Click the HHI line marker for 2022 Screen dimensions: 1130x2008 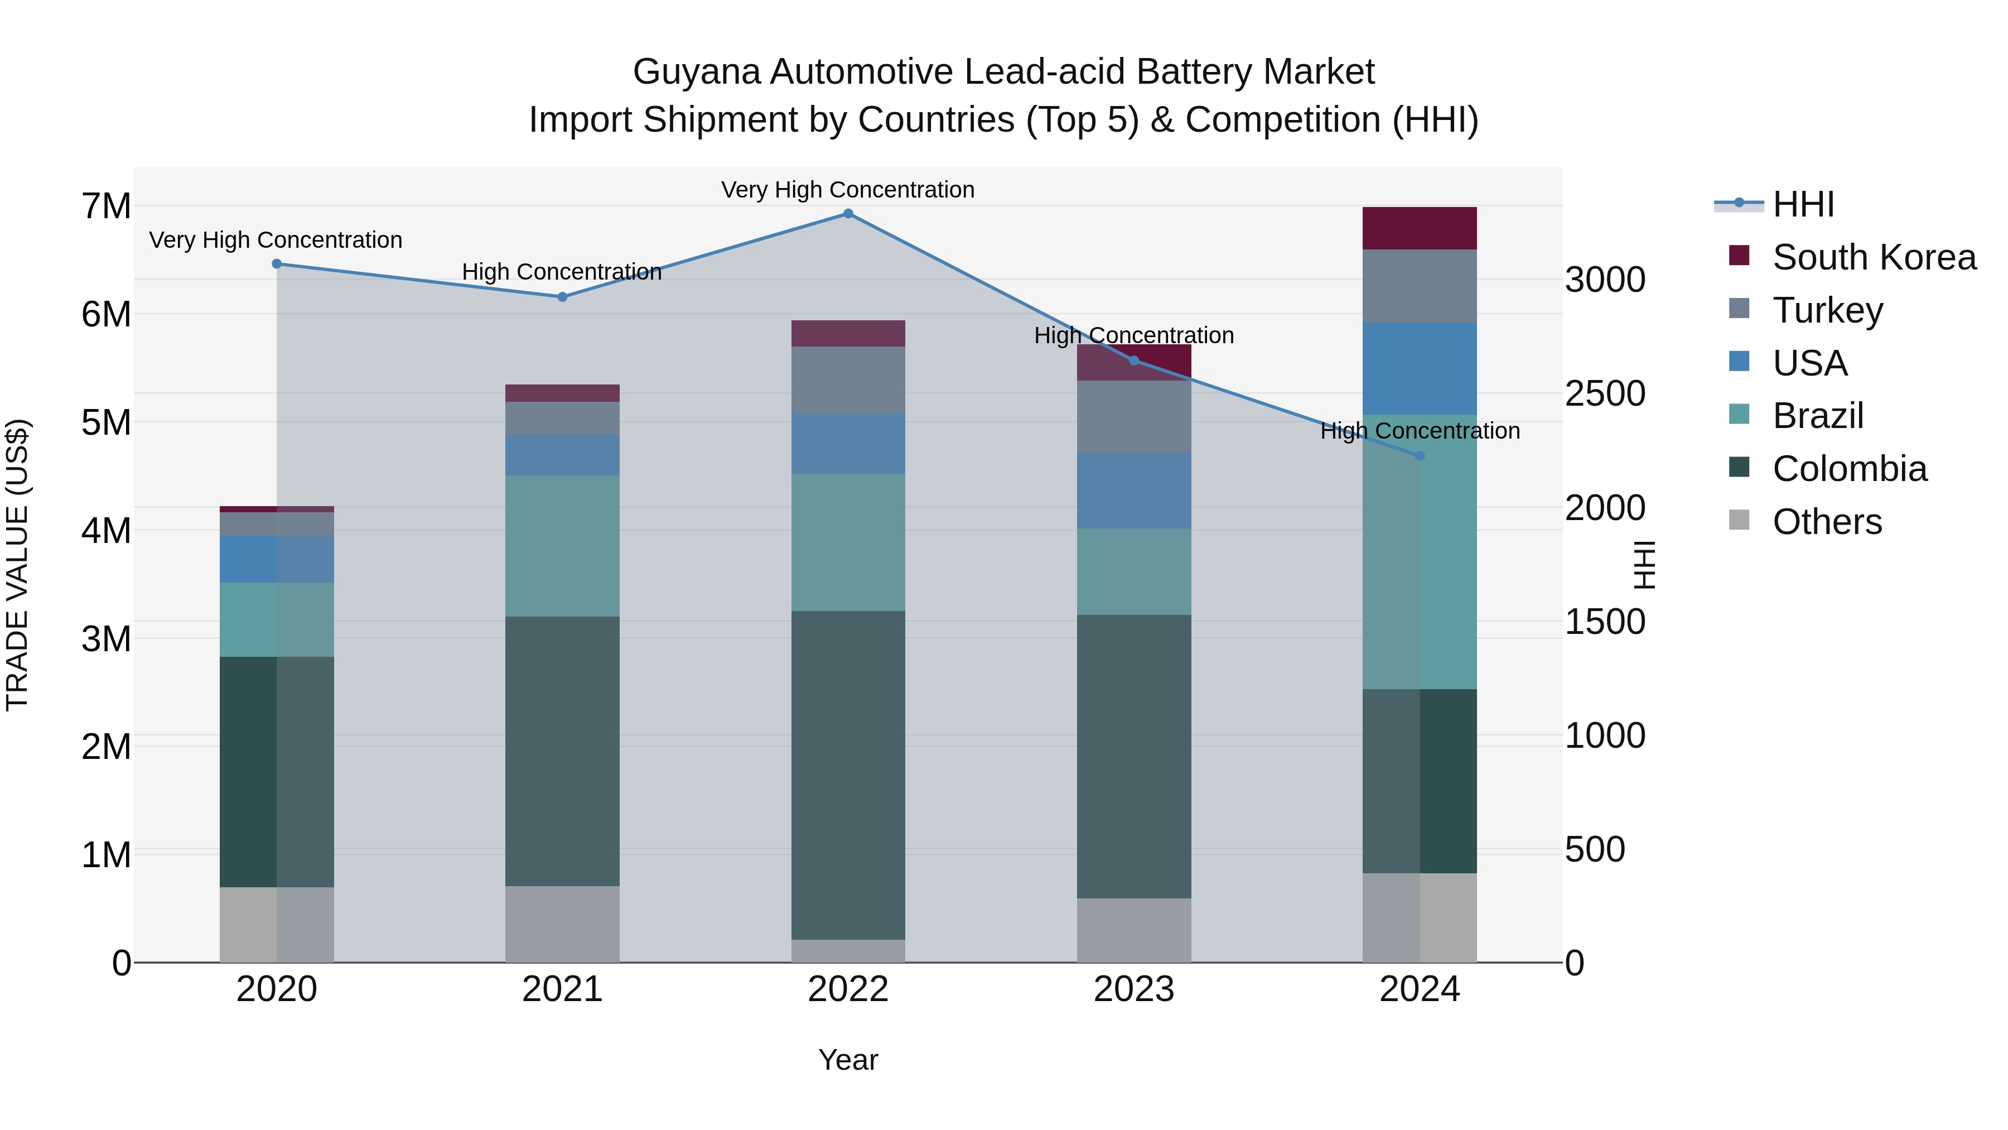pos(848,214)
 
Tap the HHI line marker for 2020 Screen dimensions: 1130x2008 pos(277,265)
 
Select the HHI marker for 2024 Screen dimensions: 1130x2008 pos(1420,456)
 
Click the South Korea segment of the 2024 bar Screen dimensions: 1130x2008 pos(1420,228)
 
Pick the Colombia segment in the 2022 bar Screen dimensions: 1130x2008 pos(848,775)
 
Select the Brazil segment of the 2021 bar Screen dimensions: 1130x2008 pos(562,546)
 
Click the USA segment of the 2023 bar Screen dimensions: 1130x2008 pos(1133,491)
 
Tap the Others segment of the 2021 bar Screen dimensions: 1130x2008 pos(562,924)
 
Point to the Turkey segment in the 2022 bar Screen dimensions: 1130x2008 pos(848,380)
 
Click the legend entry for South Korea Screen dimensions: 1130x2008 pos(1874,257)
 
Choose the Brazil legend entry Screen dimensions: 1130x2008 pos(1818,416)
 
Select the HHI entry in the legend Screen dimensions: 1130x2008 pos(1803,204)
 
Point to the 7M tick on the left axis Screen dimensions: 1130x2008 pos(106,206)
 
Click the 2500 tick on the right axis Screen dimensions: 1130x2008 pos(1605,394)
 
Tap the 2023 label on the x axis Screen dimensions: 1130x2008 pos(1133,989)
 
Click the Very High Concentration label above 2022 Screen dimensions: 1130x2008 pos(847,190)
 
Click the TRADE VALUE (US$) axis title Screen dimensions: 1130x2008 pos(17,565)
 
